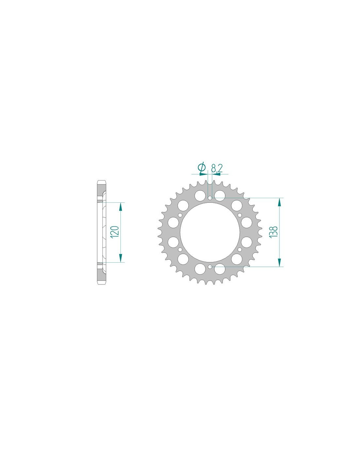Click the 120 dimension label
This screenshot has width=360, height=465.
115,232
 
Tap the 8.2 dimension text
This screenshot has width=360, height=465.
217,169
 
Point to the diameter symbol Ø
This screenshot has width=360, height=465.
202,168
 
